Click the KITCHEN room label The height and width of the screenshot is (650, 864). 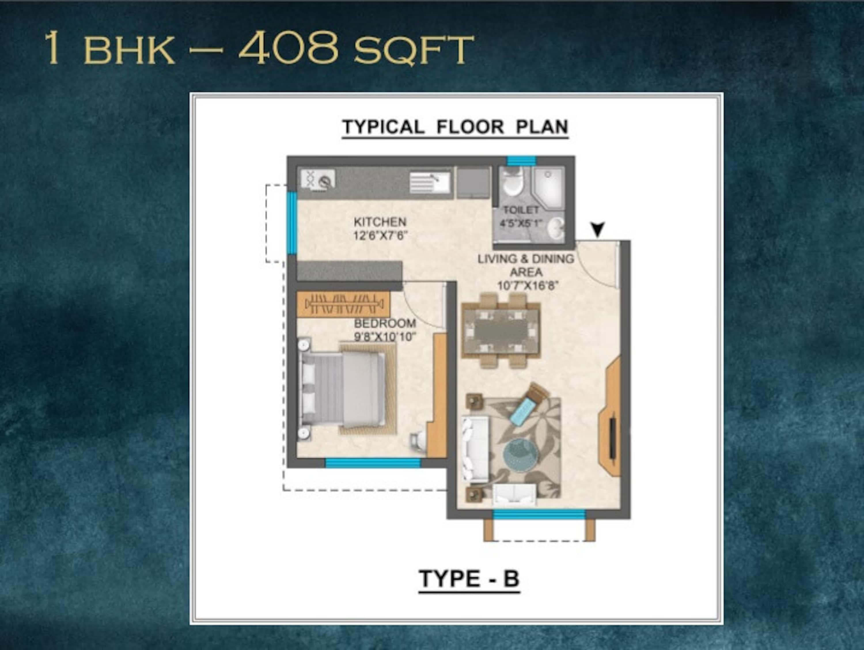380,222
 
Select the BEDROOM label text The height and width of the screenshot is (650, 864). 385,323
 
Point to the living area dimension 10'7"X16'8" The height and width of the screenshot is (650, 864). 528,286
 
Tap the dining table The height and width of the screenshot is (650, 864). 501,330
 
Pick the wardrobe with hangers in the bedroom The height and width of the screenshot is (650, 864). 343,304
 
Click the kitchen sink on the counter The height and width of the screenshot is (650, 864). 430,182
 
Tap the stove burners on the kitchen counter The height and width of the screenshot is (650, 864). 318,180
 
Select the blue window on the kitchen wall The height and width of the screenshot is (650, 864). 292,223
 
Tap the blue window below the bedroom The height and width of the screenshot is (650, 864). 373,463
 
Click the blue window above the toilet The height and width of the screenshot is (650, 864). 522,160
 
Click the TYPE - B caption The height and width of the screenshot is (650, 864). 469,579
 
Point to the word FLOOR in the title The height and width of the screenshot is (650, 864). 470,127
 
